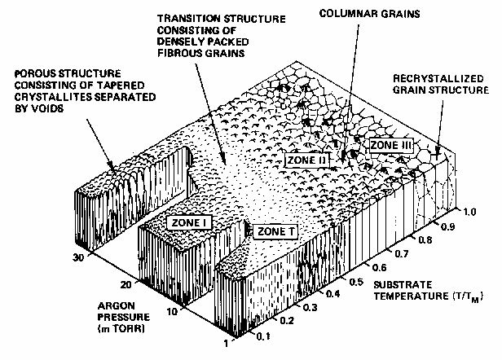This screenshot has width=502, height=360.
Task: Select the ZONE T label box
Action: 275,232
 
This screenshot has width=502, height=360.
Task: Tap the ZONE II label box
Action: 306,160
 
